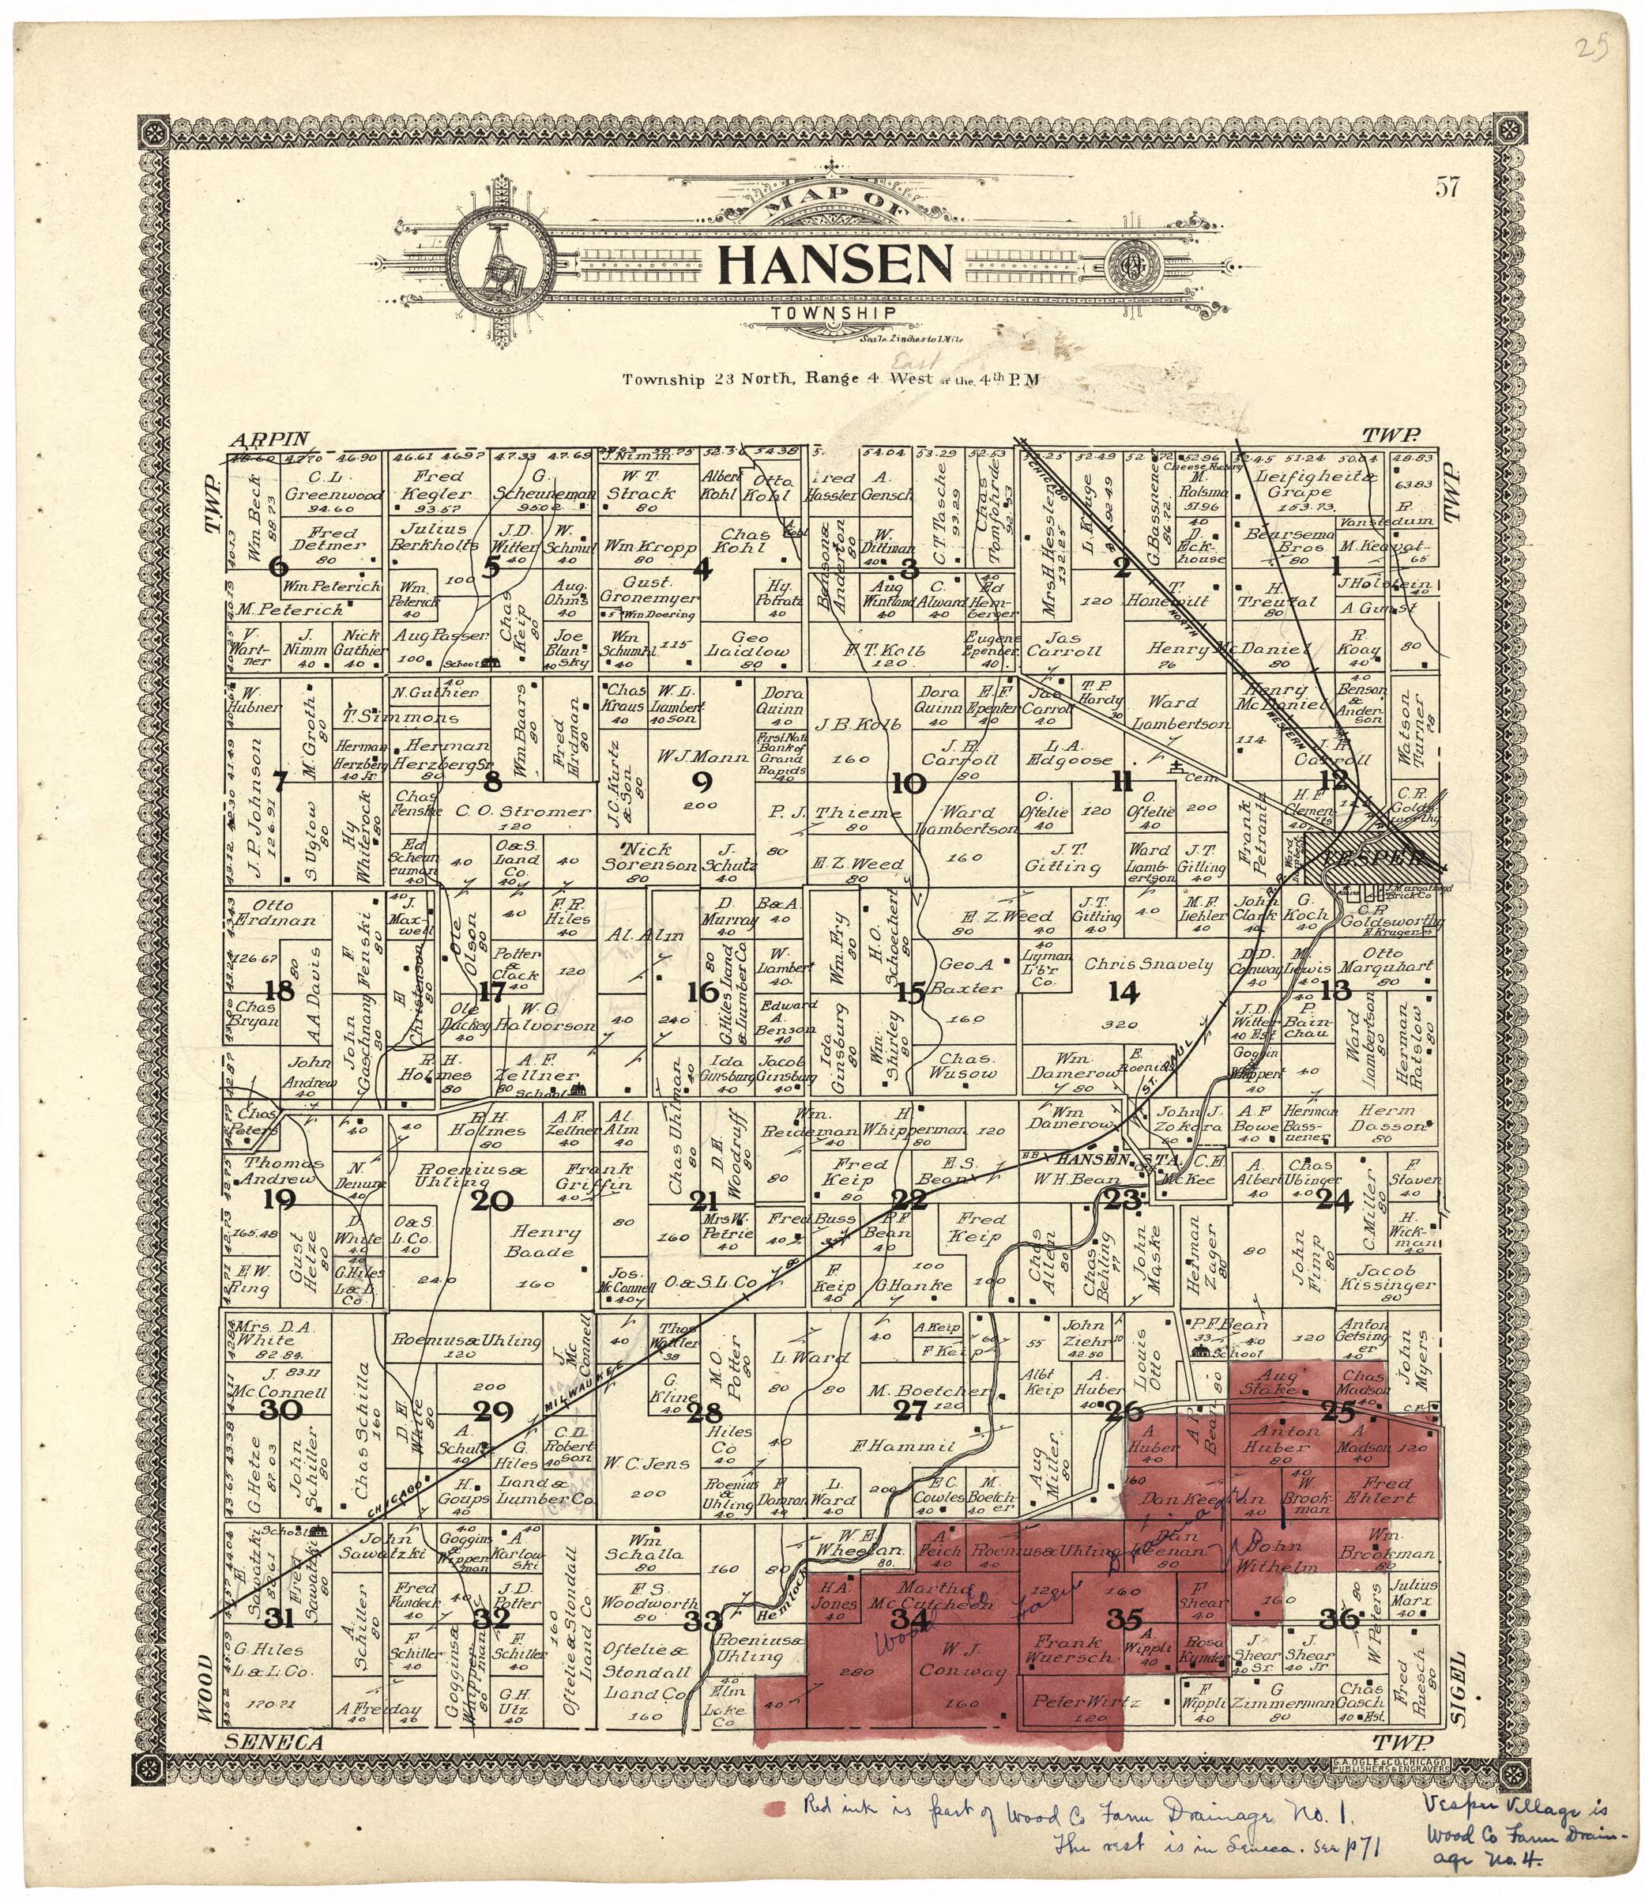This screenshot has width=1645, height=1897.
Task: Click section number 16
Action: click(x=703, y=992)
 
